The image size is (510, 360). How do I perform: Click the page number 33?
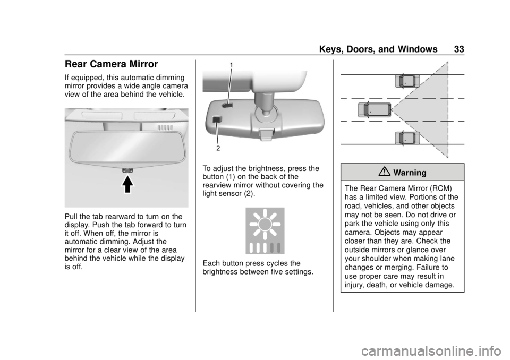459,49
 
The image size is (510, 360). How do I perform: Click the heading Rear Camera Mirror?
111,64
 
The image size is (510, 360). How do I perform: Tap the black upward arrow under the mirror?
128,184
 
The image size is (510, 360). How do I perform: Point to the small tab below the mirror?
128,170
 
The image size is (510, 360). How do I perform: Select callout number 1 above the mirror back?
231,65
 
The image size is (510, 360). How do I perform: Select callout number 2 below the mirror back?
218,148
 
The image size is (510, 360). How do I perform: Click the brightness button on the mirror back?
227,105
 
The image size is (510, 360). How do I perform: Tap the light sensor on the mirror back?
217,119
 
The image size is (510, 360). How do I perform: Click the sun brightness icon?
265,230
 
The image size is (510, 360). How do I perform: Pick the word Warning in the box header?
410,173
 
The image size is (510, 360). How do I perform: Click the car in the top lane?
407,81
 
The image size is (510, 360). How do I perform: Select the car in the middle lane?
375,109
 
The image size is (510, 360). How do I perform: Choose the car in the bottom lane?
407,138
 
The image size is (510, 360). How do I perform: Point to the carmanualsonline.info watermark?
434,351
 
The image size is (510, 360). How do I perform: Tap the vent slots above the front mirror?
165,128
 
